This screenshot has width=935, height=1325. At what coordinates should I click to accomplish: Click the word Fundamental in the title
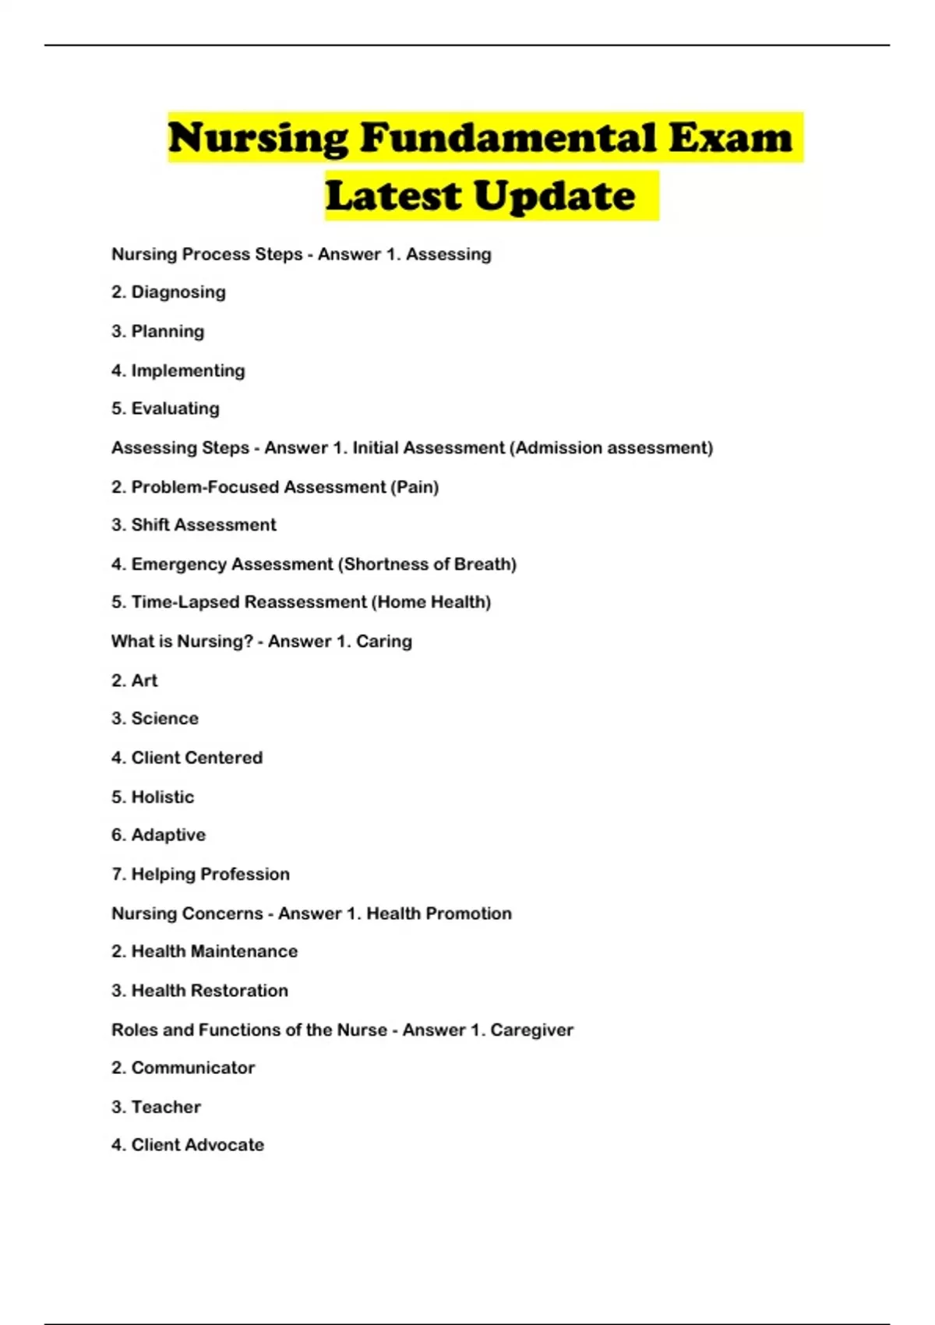pyautogui.click(x=508, y=138)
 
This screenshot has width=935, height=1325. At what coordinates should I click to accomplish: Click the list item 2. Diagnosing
pyautogui.click(x=168, y=292)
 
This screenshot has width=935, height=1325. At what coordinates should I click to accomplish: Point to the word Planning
pyautogui.click(x=168, y=331)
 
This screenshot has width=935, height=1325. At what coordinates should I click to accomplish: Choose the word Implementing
pyautogui.click(x=188, y=370)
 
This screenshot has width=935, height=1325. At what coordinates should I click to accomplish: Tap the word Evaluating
pyautogui.click(x=175, y=408)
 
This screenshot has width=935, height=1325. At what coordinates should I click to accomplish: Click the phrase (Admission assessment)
pyautogui.click(x=611, y=448)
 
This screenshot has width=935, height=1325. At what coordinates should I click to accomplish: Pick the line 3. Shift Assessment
pyautogui.click(x=193, y=525)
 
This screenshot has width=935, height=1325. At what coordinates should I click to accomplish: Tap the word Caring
pyautogui.click(x=383, y=641)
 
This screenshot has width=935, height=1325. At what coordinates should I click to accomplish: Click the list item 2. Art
pyautogui.click(x=134, y=680)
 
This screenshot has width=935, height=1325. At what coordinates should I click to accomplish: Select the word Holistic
pyautogui.click(x=162, y=797)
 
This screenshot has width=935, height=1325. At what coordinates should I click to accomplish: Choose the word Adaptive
pyautogui.click(x=168, y=835)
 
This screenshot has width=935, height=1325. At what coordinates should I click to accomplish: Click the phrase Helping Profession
pyautogui.click(x=210, y=874)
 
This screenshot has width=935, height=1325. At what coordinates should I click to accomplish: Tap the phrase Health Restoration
pyautogui.click(x=210, y=991)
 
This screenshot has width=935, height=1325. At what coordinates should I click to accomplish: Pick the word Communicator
pyautogui.click(x=192, y=1068)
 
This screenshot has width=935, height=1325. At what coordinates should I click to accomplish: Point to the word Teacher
pyautogui.click(x=166, y=1107)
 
